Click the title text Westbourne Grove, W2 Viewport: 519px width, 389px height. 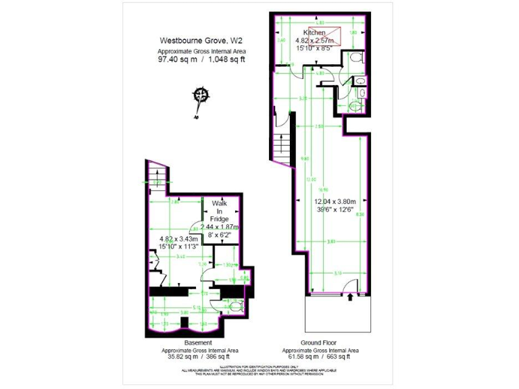[x=200, y=40]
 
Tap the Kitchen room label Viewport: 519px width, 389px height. [x=314, y=32]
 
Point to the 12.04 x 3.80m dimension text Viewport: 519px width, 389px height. [x=335, y=201]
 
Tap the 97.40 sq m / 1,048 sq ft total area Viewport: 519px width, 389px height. [x=200, y=59]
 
